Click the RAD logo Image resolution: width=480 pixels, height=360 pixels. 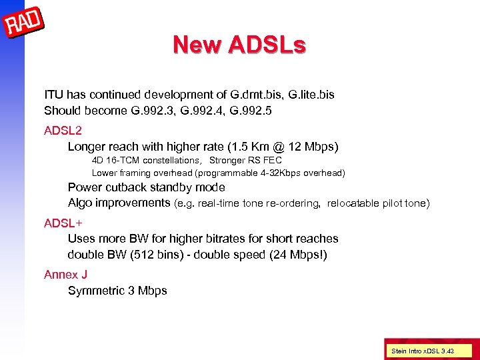tap(24, 25)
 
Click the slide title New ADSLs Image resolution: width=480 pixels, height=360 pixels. tap(239, 45)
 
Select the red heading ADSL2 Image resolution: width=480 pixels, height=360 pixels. tap(62, 130)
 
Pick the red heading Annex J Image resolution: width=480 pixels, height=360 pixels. tap(66, 274)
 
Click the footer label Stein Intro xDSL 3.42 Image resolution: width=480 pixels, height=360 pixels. tap(423, 351)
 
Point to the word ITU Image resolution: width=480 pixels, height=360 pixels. tap(54, 95)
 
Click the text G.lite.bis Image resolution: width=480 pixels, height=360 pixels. tap(311, 95)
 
